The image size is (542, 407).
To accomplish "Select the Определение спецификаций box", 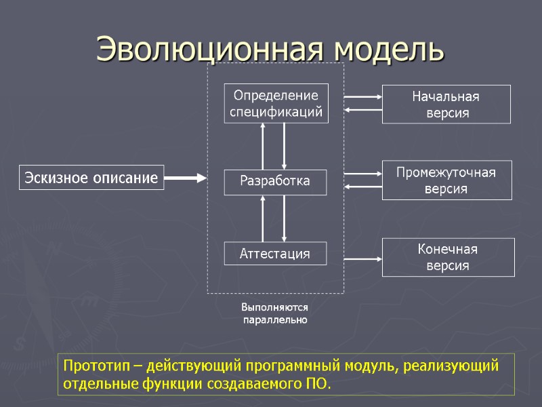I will click(x=276, y=103).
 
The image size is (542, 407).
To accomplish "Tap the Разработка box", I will click(x=275, y=181).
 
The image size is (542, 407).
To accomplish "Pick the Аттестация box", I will click(x=275, y=254).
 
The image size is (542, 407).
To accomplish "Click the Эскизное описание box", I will click(x=91, y=178).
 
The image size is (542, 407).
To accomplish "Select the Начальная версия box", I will click(x=446, y=104).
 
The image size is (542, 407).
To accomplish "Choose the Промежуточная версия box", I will click(x=446, y=180).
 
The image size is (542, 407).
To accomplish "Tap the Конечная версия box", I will click(x=446, y=257).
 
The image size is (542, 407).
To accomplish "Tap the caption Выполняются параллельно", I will click(x=275, y=313).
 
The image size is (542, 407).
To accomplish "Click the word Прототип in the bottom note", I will click(x=93, y=366).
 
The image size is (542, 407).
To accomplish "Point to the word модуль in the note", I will click(x=375, y=366).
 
